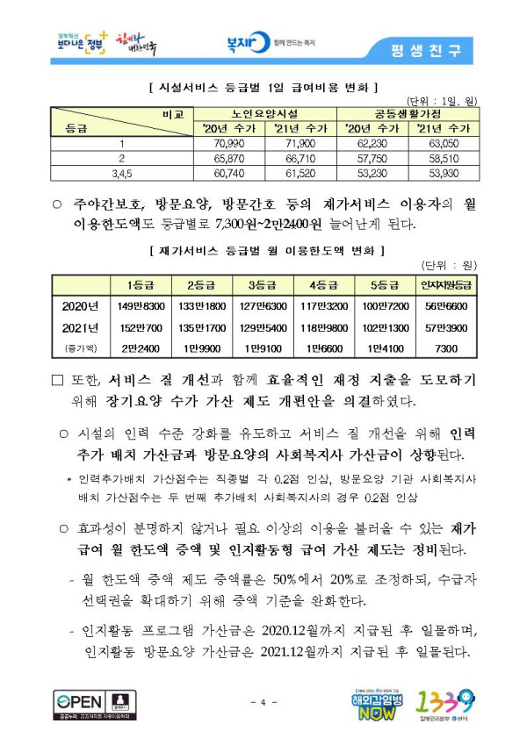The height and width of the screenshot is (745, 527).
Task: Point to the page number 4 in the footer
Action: pos(263,702)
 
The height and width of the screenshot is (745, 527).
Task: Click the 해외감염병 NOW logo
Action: pos(376,701)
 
